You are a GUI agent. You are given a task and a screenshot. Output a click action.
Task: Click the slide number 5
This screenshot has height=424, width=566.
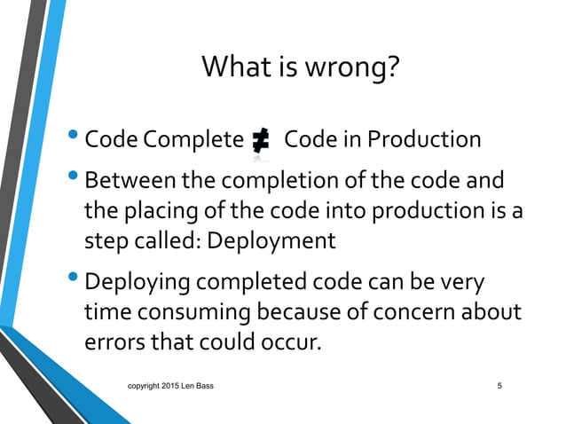pyautogui.click(x=500, y=386)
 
